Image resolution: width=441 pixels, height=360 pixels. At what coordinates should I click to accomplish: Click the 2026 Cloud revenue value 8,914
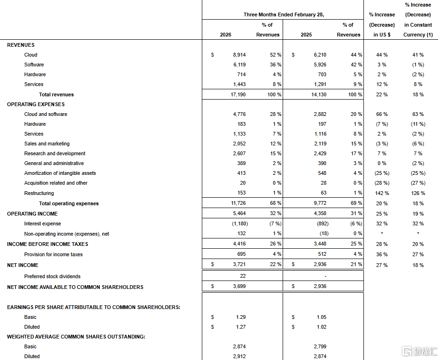pos(239,55)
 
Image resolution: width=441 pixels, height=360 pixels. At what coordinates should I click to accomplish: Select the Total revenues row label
pos(56,94)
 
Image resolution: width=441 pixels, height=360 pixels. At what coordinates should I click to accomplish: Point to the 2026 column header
pos(225,35)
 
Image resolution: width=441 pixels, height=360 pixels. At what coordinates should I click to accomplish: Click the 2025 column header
pos(306,35)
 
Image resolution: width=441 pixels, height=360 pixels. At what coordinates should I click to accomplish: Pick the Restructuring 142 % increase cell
pos(382,193)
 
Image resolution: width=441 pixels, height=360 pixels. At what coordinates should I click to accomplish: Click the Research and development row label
pos(55,153)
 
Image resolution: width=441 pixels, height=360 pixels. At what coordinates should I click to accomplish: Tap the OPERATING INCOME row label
pos(32,214)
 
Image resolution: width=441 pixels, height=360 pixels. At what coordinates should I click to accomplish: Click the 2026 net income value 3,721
pos(239,265)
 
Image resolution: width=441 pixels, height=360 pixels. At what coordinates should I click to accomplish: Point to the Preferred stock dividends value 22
pos(242,276)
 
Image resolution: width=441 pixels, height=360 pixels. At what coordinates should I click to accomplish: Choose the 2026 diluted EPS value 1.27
pos(240,327)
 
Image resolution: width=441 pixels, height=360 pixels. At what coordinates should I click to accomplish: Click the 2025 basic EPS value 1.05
pos(321,317)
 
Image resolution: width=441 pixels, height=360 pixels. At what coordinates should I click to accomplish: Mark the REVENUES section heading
pos(21,45)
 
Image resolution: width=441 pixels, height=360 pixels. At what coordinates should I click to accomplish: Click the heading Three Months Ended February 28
pos(284,14)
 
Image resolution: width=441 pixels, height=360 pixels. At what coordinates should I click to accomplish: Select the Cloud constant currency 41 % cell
pos(418,55)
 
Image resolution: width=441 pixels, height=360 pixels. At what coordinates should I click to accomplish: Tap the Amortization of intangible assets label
pos(60,173)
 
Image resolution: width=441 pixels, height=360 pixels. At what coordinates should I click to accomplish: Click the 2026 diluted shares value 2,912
pos(239,356)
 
